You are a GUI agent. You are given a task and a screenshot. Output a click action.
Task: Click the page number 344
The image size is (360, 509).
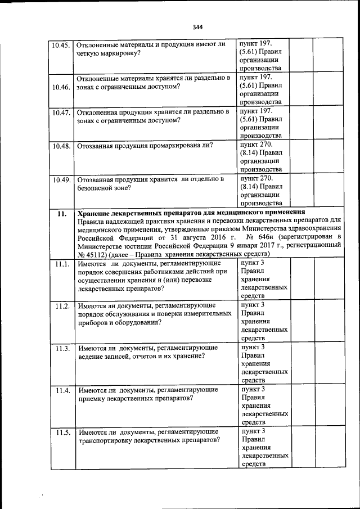click(x=197, y=27)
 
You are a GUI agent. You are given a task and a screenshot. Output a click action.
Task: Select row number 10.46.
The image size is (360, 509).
click(x=60, y=87)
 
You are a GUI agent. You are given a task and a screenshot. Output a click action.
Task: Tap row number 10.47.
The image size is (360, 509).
click(x=60, y=112)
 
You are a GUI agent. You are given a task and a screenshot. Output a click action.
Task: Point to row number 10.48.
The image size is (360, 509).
click(x=60, y=146)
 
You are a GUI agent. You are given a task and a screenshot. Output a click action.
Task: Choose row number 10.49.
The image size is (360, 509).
click(x=60, y=180)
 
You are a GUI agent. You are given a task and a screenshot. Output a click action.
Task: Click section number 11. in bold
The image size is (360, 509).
click(x=62, y=213)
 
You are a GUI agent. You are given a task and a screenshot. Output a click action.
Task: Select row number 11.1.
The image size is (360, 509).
click(x=62, y=263)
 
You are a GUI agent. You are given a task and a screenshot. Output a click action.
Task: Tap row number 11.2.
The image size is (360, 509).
click(x=62, y=306)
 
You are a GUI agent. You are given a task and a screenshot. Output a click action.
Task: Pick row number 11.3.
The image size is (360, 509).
click(x=62, y=348)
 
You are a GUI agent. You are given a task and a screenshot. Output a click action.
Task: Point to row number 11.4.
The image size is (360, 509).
click(x=62, y=390)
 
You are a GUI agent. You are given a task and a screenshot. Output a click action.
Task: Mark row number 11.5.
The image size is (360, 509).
click(x=62, y=433)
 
